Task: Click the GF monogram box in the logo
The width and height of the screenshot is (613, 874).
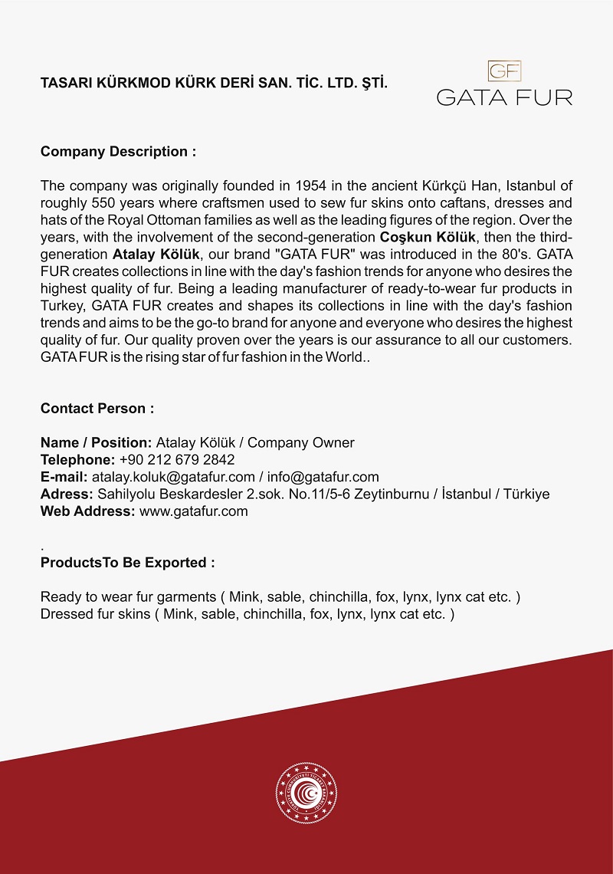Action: pos(504,71)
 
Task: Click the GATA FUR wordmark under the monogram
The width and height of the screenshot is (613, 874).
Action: pos(504,97)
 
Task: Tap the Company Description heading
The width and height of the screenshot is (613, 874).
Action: pos(118,152)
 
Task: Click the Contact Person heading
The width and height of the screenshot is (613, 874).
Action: pos(97,409)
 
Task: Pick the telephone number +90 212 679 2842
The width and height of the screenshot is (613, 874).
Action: pos(177,460)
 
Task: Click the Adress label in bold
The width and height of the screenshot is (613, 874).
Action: pos(67,495)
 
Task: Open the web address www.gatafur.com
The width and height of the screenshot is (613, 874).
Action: pos(194,511)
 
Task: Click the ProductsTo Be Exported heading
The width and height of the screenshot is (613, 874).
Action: pos(127,563)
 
